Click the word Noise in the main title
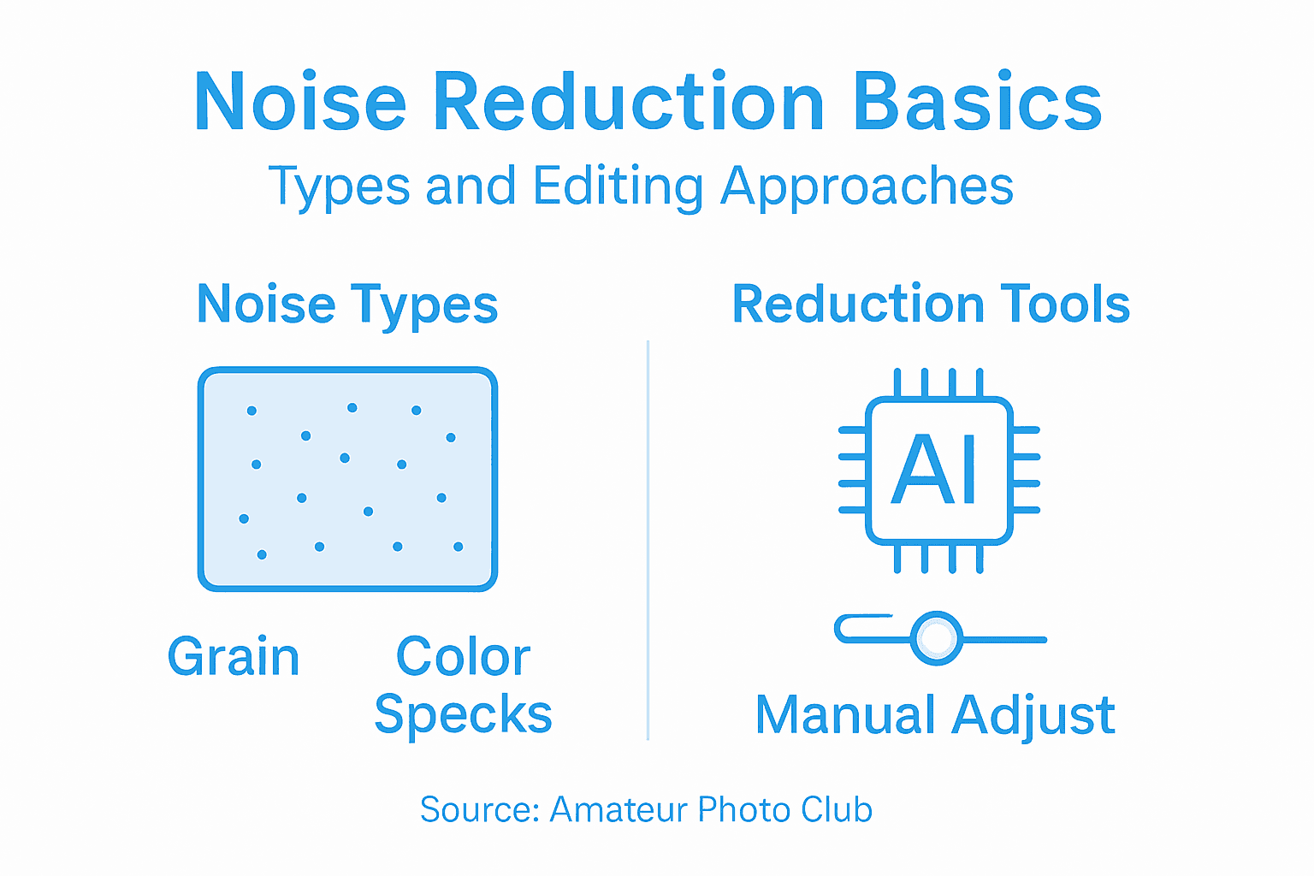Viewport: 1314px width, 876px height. click(299, 103)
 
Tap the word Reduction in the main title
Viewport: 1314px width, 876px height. click(629, 103)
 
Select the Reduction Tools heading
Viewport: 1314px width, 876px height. click(931, 304)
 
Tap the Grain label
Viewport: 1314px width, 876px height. click(234, 657)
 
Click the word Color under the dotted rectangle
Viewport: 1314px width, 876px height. click(463, 657)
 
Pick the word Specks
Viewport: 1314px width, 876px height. click(463, 713)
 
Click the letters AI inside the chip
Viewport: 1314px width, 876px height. click(935, 470)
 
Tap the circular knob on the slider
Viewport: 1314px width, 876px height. click(937, 638)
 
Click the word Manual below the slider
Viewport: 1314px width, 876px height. click(845, 714)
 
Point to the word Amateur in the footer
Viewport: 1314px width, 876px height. click(619, 809)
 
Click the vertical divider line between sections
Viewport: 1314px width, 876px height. click(648, 539)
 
